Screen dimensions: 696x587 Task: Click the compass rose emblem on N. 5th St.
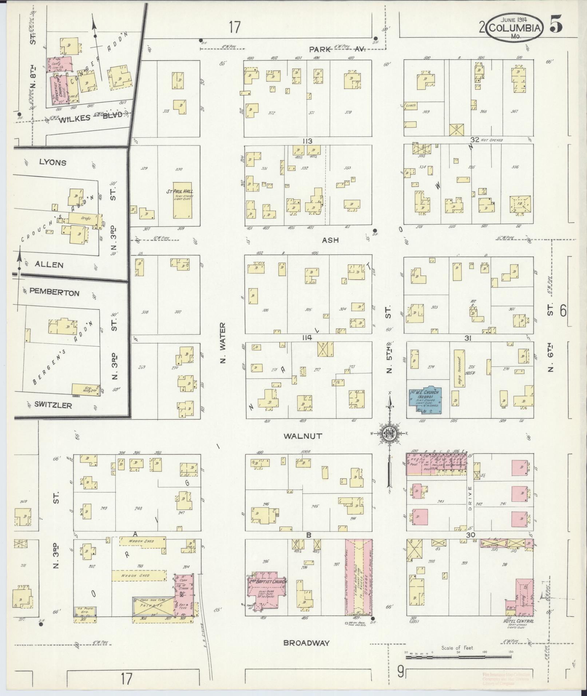pos(389,433)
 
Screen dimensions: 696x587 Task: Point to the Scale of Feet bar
pos(459,657)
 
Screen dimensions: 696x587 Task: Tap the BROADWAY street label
pos(307,643)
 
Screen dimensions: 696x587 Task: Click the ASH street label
pos(330,240)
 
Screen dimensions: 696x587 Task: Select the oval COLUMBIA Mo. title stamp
pos(515,28)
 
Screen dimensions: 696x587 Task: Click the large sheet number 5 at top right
pos(556,25)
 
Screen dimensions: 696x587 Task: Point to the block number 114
pos(307,338)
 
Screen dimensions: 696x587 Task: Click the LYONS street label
pos(53,162)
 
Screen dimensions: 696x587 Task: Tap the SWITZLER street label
pos(53,405)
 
